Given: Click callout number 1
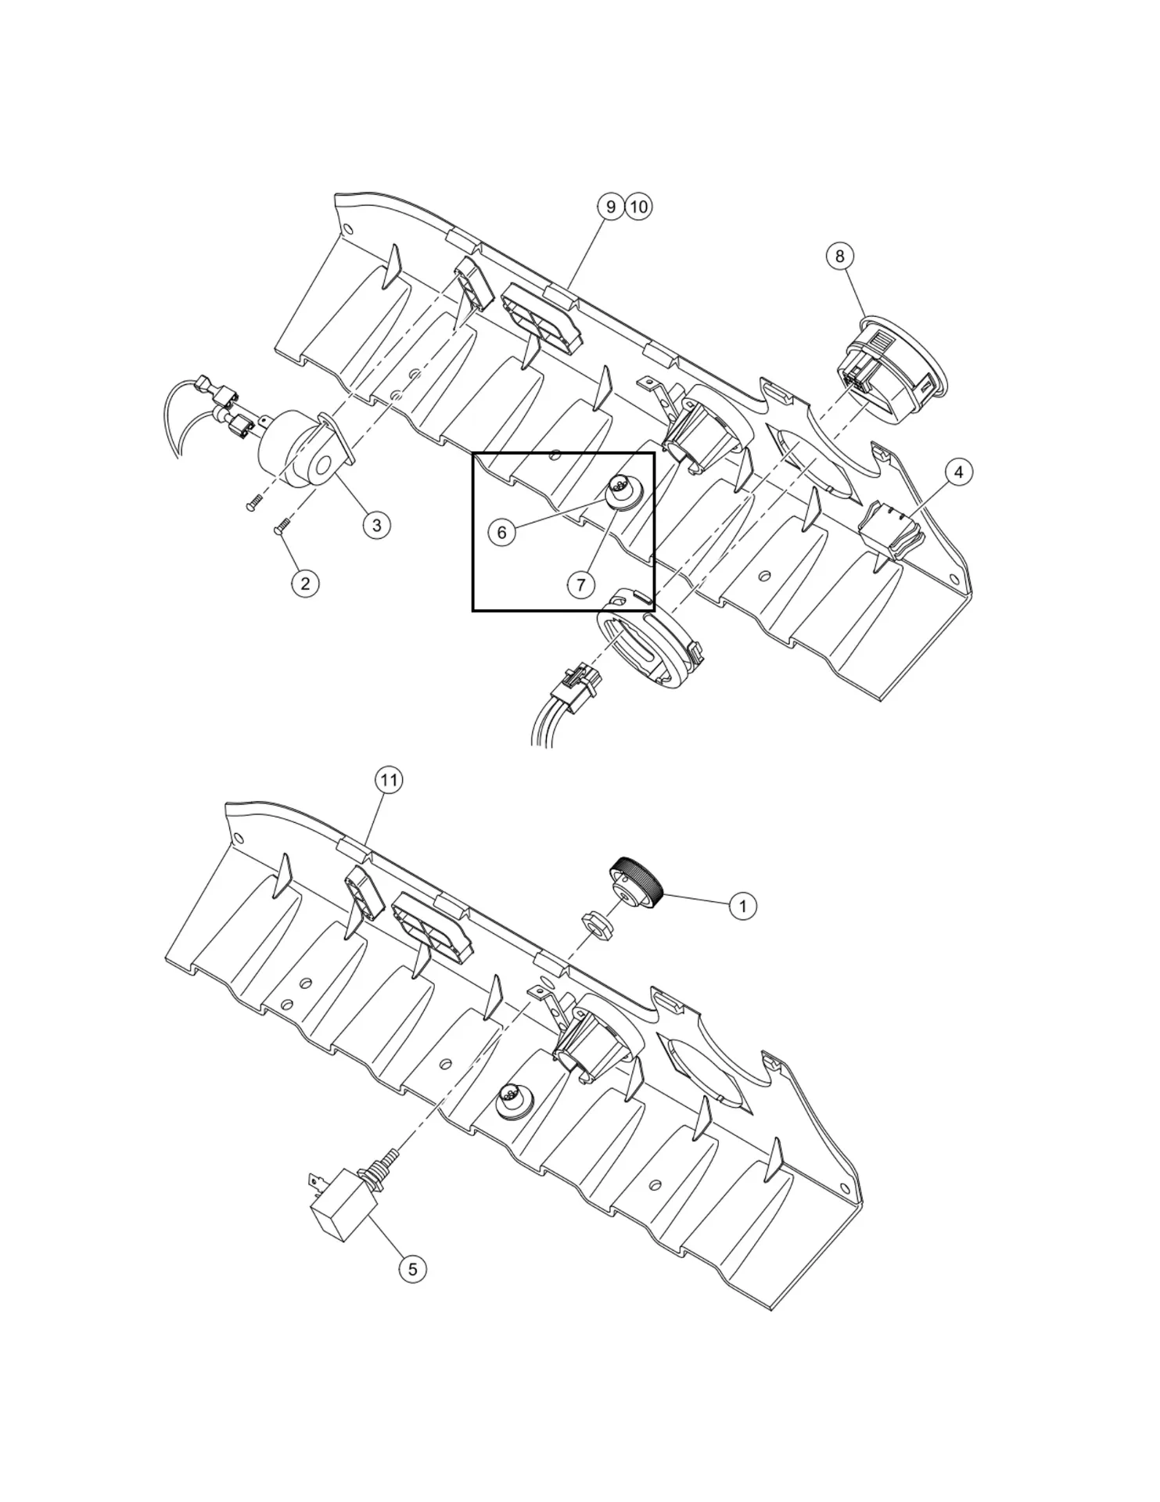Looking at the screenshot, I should pyautogui.click(x=742, y=906).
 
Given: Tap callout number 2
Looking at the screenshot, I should pyautogui.click(x=305, y=583).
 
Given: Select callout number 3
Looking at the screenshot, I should pyautogui.click(x=376, y=525).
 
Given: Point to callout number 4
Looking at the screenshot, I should pyautogui.click(x=959, y=472).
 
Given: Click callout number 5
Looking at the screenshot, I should pyautogui.click(x=412, y=1268).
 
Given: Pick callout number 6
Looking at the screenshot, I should pyautogui.click(x=501, y=533).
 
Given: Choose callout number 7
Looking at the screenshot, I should pyautogui.click(x=580, y=584).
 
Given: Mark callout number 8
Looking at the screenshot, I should pyautogui.click(x=839, y=256).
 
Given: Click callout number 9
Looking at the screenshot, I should pyautogui.click(x=611, y=207).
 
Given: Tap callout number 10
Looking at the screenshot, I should pyautogui.click(x=639, y=207).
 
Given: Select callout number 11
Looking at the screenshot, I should pyautogui.click(x=389, y=780).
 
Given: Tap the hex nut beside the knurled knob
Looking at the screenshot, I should pyautogui.click(x=601, y=923).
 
